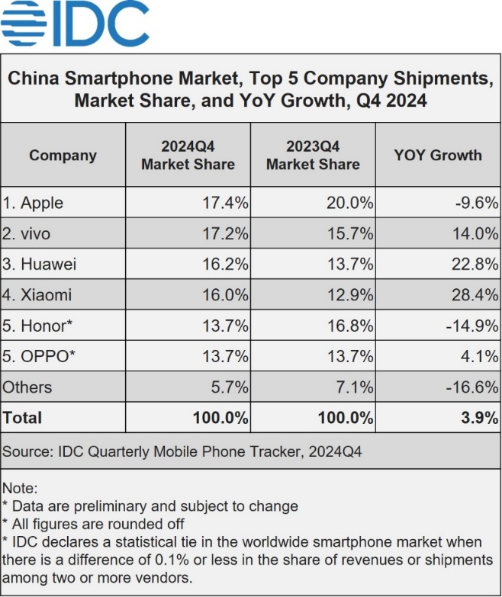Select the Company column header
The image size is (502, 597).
(x=63, y=156)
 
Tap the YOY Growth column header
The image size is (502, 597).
(x=437, y=155)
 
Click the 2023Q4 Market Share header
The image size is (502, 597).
(x=313, y=155)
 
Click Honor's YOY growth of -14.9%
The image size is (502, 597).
(x=473, y=326)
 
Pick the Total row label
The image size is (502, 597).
(x=23, y=417)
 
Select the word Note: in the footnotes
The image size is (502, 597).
(x=20, y=488)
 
